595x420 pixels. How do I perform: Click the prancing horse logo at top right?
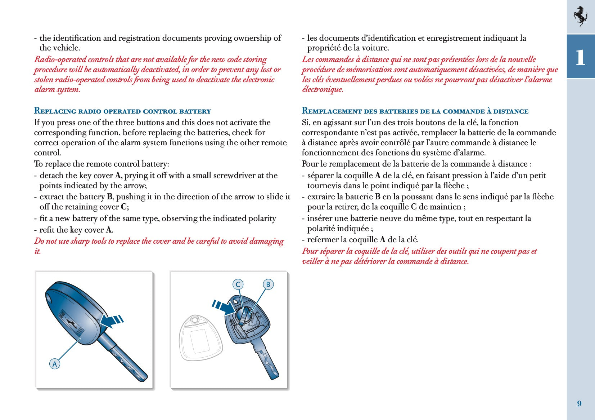click(580, 16)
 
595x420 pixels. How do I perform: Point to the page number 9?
click(579, 403)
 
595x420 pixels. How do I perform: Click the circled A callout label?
click(54, 364)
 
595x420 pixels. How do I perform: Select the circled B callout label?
click(268, 284)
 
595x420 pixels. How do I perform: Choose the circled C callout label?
click(238, 284)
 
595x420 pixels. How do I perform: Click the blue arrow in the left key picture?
click(112, 320)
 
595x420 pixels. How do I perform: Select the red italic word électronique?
click(323, 89)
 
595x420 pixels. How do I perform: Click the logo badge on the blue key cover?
click(71, 323)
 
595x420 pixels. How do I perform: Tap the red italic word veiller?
click(312, 261)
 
